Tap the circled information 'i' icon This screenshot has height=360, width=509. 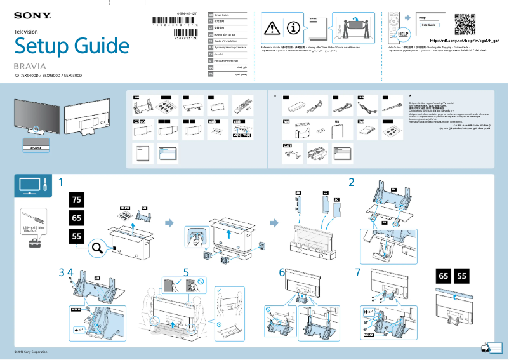[293, 27]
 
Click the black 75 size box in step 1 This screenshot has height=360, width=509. [77, 200]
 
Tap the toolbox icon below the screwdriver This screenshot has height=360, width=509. [29, 243]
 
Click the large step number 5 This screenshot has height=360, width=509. [186, 272]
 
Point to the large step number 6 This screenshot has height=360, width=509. [282, 272]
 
